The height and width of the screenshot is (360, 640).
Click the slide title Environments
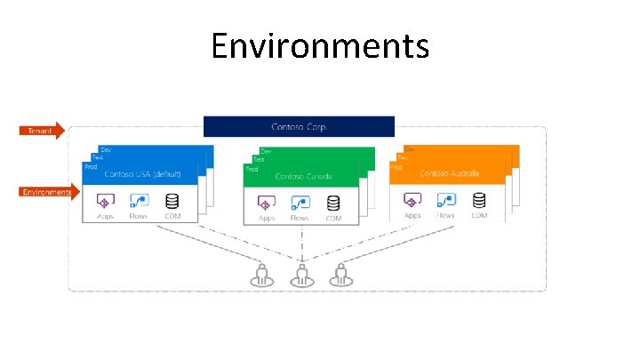click(x=320, y=45)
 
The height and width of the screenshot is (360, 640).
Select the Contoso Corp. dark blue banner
click(x=299, y=126)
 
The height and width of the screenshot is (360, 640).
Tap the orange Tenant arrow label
click(x=41, y=131)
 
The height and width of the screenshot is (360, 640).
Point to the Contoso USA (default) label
click(x=142, y=174)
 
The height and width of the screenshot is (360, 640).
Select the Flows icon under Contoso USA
click(x=138, y=201)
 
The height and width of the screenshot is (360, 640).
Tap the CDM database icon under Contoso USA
click(x=172, y=201)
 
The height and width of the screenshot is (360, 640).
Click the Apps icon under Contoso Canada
click(x=266, y=203)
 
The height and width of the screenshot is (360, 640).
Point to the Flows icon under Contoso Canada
click(x=300, y=203)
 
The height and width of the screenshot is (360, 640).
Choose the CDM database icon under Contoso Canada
click(x=333, y=203)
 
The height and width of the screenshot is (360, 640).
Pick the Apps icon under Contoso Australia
click(x=412, y=200)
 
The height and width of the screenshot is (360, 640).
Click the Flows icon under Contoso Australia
click(x=445, y=200)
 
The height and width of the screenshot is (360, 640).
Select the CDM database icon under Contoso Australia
click(x=479, y=200)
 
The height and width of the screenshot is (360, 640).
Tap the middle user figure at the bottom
click(x=302, y=275)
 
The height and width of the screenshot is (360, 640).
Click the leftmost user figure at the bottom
click(x=263, y=275)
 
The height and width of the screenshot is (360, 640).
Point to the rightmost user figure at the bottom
click(x=340, y=275)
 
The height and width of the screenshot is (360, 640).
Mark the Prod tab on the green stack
click(x=252, y=168)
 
